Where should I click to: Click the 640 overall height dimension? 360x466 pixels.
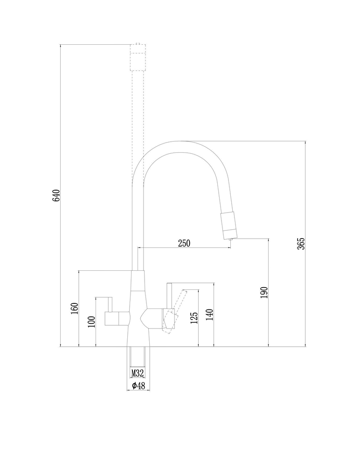(x=56, y=195)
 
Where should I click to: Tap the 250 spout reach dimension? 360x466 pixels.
(x=184, y=243)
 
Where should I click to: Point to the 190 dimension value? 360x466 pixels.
(x=264, y=292)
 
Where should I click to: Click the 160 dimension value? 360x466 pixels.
(x=74, y=308)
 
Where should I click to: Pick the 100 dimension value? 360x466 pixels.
(x=91, y=322)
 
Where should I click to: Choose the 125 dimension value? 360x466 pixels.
(x=194, y=317)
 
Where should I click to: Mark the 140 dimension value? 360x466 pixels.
(x=209, y=315)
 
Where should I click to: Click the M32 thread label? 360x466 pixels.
(x=137, y=373)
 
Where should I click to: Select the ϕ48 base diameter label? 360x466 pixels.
(x=138, y=386)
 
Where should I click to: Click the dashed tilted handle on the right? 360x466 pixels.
(x=177, y=308)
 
